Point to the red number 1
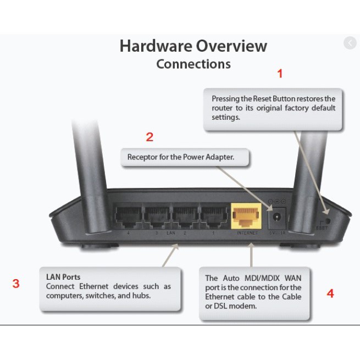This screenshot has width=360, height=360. click(280, 73)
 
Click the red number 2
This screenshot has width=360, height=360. click(149, 137)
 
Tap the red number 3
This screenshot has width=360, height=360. click(16, 284)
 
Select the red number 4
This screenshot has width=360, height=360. click(330, 293)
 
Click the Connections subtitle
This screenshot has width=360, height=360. click(193, 64)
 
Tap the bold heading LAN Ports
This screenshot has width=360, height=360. click(63, 277)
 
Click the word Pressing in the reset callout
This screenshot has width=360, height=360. click(226, 98)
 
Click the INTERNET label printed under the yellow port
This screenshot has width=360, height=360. click(247, 233)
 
